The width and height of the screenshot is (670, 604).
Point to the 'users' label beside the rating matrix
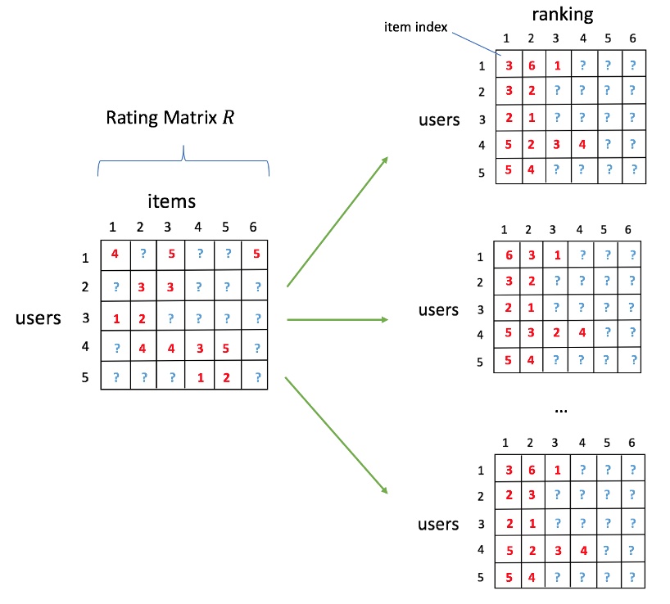click(x=38, y=318)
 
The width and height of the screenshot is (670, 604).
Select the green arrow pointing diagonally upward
click(x=337, y=221)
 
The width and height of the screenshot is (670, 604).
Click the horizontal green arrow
click(x=337, y=319)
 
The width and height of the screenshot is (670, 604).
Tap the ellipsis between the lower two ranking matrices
click(x=561, y=408)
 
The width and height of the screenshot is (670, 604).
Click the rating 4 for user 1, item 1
click(x=115, y=255)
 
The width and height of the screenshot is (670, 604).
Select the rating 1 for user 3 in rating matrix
click(x=115, y=317)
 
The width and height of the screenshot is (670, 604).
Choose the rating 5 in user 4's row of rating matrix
click(x=226, y=348)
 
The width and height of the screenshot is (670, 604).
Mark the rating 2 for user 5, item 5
click(x=226, y=377)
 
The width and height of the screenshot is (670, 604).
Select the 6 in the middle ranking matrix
click(x=509, y=256)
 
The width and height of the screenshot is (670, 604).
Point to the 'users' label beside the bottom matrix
click(x=439, y=524)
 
